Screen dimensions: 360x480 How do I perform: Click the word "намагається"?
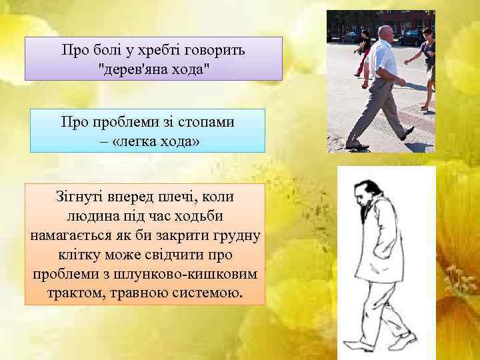point(73,237)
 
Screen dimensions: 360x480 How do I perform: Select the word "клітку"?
point(74,256)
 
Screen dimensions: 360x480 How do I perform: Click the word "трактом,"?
point(77,294)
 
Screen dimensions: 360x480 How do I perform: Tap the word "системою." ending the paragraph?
point(208,294)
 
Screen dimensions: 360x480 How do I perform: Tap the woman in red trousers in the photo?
point(364,53)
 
